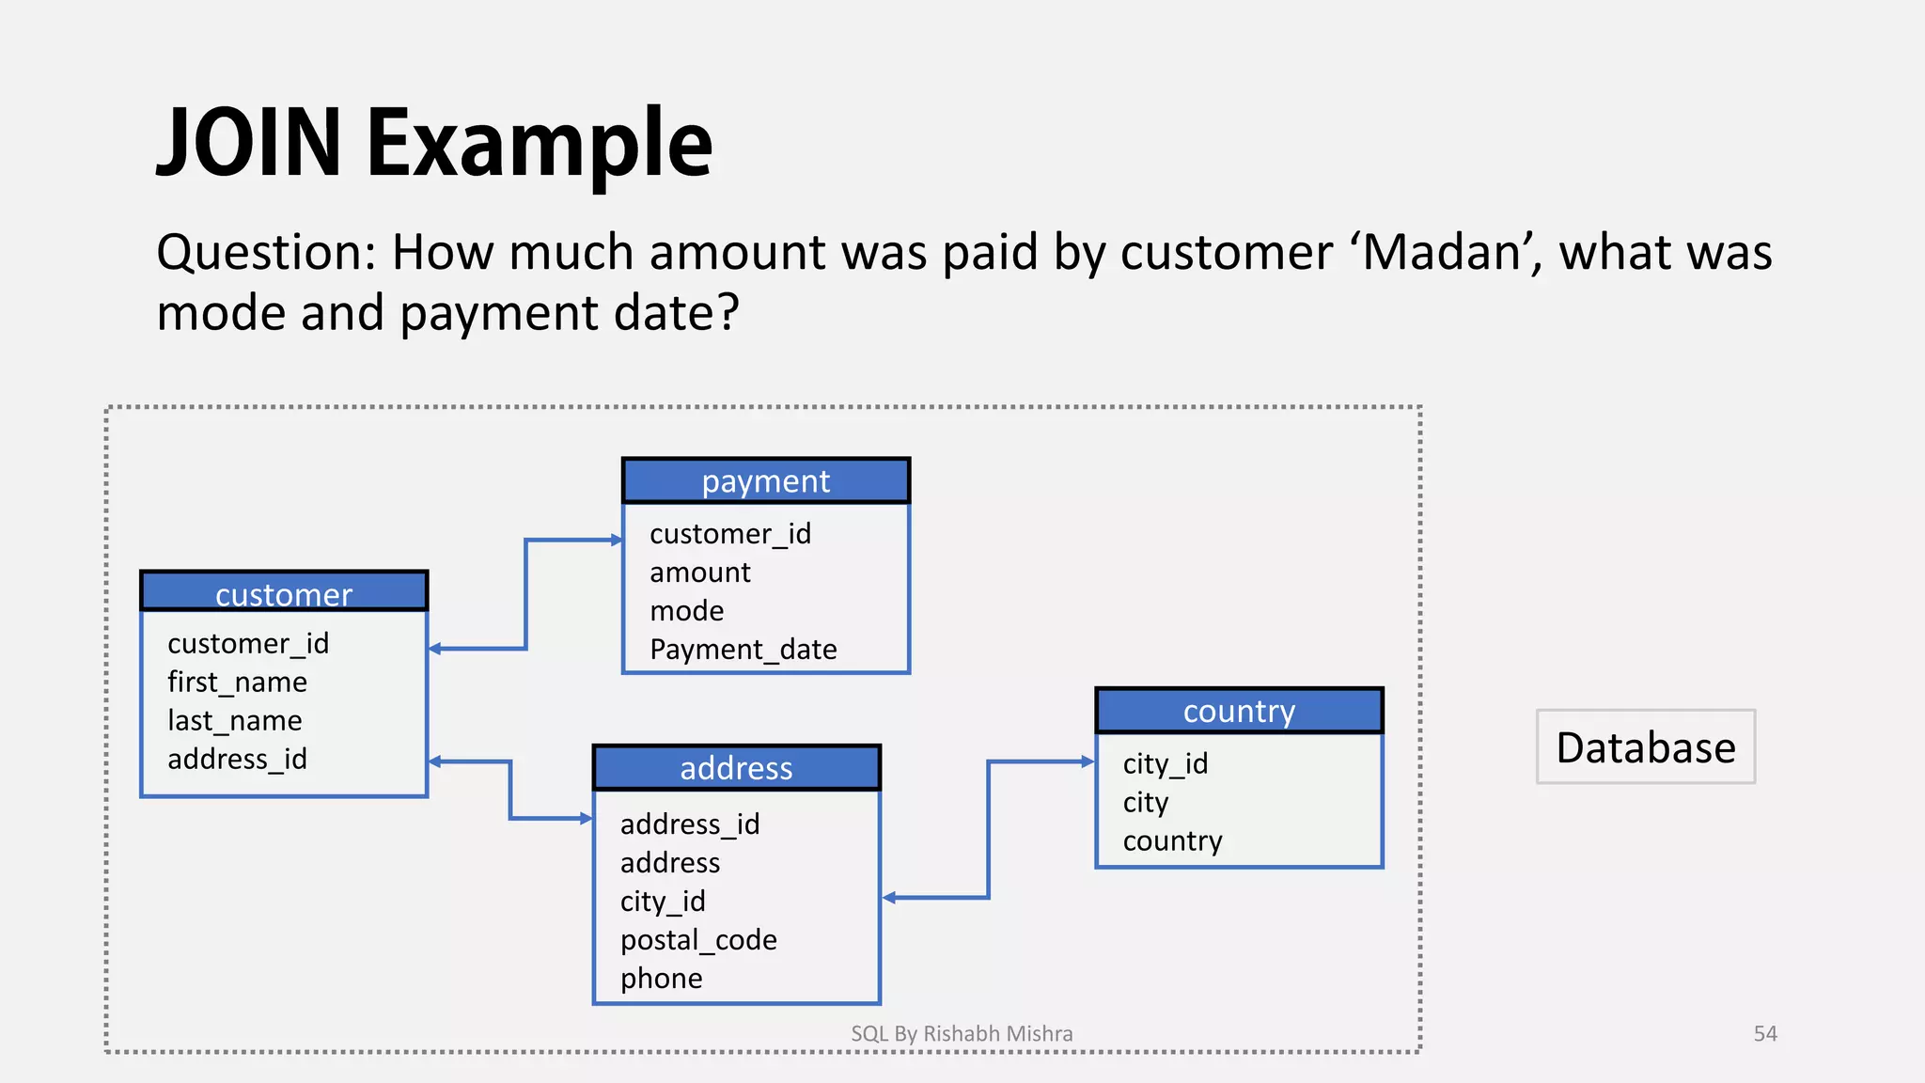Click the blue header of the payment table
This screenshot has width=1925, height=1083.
tap(765, 481)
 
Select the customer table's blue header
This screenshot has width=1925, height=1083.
tap(284, 592)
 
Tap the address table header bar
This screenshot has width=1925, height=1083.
tap(736, 768)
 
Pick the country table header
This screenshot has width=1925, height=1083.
tap(1239, 711)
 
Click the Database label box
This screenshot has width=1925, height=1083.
tap(1645, 747)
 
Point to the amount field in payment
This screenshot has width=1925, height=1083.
tap(700, 573)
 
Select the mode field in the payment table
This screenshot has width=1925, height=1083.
tap(687, 611)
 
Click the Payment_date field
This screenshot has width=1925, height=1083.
tap(743, 650)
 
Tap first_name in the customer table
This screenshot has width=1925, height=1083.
tap(237, 682)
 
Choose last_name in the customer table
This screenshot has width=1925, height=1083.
tap(235, 720)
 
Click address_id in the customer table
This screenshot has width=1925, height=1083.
tap(237, 759)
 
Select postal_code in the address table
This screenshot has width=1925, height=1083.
tap(698, 940)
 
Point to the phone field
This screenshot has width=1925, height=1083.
tap(662, 979)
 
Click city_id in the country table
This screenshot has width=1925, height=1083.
tap(1165, 763)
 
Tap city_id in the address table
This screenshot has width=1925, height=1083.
tap(663, 902)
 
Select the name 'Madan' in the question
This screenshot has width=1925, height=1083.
tap(1444, 252)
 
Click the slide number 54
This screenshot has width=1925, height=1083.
tap(1765, 1034)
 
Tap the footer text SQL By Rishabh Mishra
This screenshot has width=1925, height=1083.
tap(962, 1034)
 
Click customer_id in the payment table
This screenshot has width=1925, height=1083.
tap(729, 534)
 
